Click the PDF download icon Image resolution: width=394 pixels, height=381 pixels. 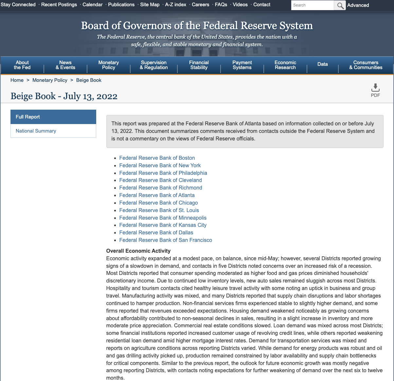coord(375,88)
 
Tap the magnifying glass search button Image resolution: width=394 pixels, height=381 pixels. coord(340,5)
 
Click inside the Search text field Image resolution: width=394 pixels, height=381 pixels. coord(312,5)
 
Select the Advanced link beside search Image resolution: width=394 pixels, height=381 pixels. coord(358,5)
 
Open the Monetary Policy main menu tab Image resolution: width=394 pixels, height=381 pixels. coord(109,65)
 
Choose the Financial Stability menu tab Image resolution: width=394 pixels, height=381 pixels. coord(199,65)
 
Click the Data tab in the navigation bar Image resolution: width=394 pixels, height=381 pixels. coord(323,64)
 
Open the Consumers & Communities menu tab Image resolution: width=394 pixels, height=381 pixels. coord(366,65)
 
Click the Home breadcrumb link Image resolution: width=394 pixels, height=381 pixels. coord(17,80)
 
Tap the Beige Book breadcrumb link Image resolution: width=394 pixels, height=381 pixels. coord(89,80)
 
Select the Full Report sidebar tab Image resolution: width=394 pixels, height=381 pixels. coord(53,117)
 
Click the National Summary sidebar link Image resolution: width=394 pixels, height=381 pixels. coord(36,131)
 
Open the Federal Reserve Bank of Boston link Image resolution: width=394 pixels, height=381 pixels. coord(157,158)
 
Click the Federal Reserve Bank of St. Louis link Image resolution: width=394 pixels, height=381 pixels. coord(159,210)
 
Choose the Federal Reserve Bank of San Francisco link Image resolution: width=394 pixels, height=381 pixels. coord(166,240)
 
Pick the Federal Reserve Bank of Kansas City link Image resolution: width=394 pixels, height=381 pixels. coord(163,225)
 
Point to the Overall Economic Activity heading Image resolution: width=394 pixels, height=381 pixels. coord(138,251)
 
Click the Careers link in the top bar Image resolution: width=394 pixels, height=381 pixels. coord(201,5)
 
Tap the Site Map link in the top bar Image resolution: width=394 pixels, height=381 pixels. coord(150,5)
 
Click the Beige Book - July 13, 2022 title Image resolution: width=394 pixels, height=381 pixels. coord(64,96)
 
